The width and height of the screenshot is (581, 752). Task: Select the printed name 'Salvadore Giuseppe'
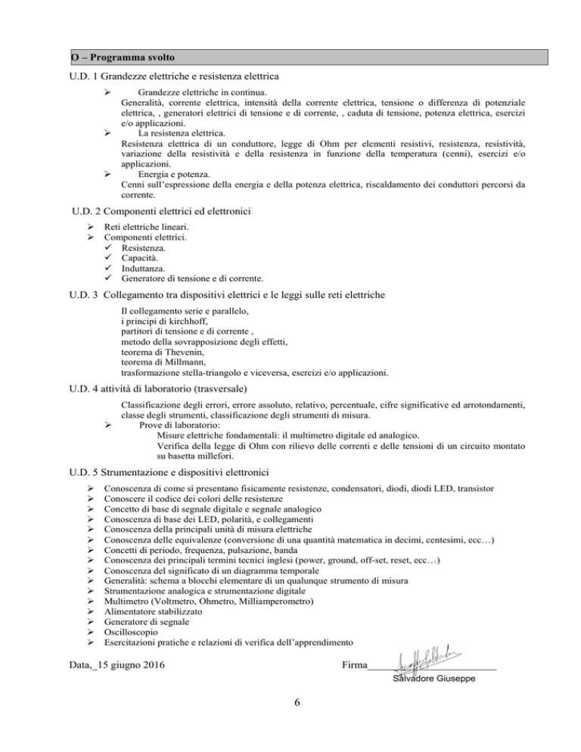point(434,679)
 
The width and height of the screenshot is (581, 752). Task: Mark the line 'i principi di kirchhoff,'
point(167,320)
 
